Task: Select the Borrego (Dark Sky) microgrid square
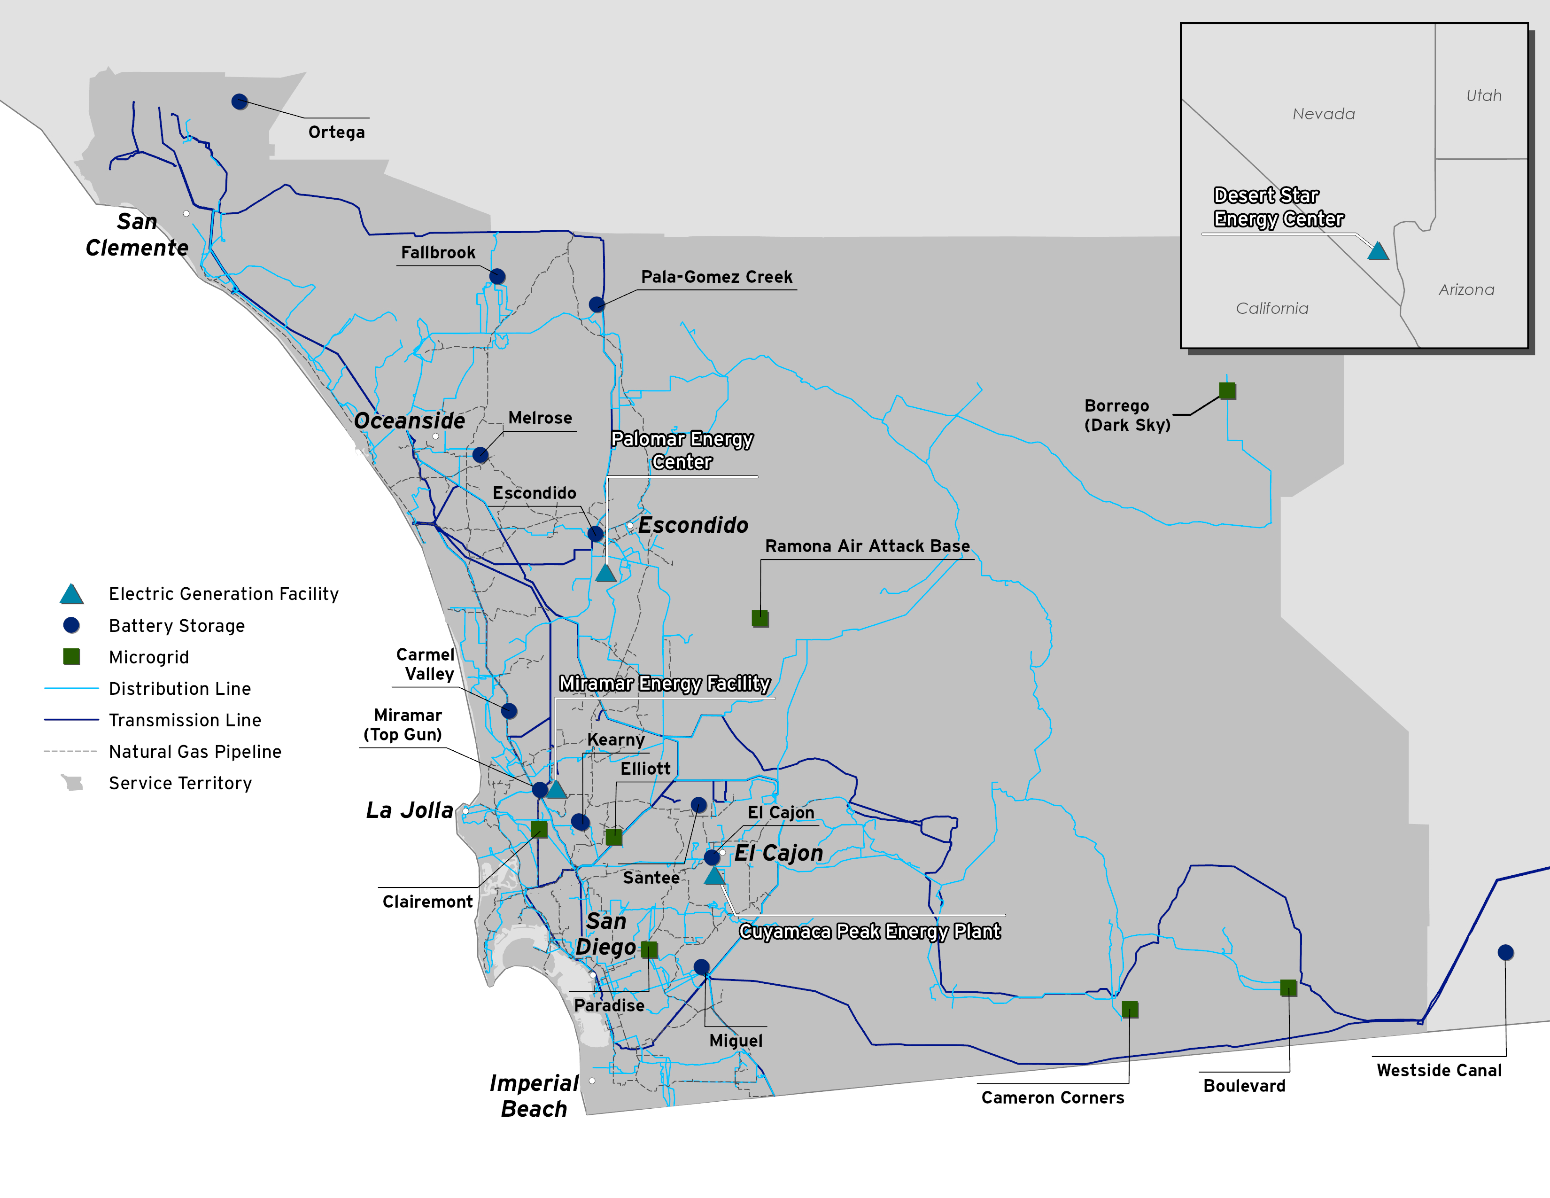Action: coord(1227,390)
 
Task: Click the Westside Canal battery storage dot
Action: coord(1505,952)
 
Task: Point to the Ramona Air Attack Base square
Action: coord(760,618)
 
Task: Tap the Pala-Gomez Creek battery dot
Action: coord(597,304)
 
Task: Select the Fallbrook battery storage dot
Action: coord(497,276)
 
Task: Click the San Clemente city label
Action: coord(137,234)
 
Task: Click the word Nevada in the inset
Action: coord(1324,114)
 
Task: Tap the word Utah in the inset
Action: coord(1483,95)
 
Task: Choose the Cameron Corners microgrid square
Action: coord(1130,1009)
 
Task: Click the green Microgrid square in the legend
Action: coord(72,656)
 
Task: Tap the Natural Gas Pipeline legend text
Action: coord(195,752)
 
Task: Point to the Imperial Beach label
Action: coord(535,1096)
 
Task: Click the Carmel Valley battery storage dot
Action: coord(509,710)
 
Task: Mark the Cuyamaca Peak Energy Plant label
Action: coord(869,931)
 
